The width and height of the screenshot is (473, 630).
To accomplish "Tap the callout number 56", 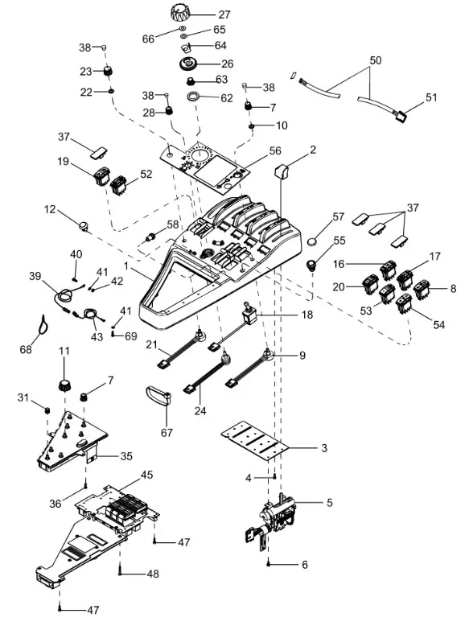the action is point(275,150).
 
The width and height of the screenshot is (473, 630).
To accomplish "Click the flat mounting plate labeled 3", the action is point(256,441).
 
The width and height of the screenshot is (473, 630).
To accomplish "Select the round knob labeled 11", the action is point(64,385).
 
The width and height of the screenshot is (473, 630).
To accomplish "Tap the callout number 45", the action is point(147,475).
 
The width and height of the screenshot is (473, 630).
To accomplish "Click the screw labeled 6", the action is point(269,564).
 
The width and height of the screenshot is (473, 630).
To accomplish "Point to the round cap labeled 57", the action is point(313,242).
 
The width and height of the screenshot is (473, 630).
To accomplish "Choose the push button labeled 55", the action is point(311,266).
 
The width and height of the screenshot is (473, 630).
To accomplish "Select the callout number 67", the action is point(167,433).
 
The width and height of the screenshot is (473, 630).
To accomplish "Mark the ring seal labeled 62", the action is point(194,97).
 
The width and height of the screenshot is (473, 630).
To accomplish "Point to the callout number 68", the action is point(26,349).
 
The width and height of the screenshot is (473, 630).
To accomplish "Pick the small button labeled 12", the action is point(83,226).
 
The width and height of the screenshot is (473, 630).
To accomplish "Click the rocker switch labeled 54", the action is point(404,304).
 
